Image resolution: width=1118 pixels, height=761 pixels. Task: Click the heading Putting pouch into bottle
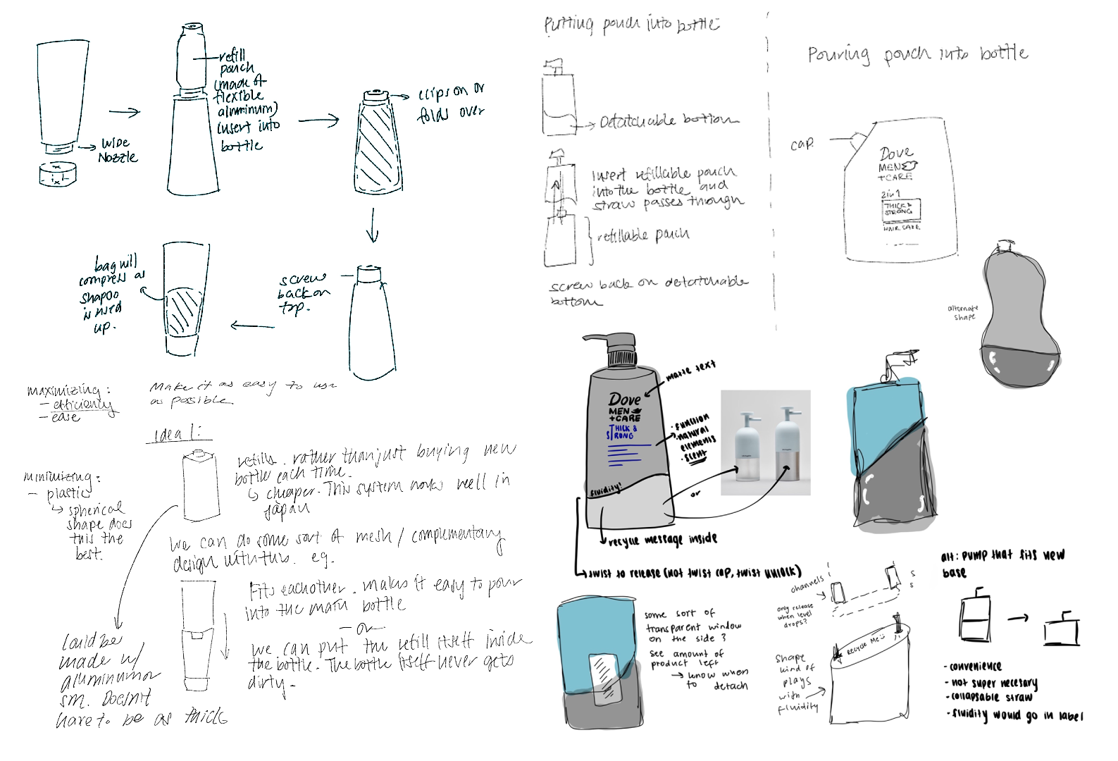[630, 25]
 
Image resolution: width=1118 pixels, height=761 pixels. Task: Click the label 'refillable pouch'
[642, 235]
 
